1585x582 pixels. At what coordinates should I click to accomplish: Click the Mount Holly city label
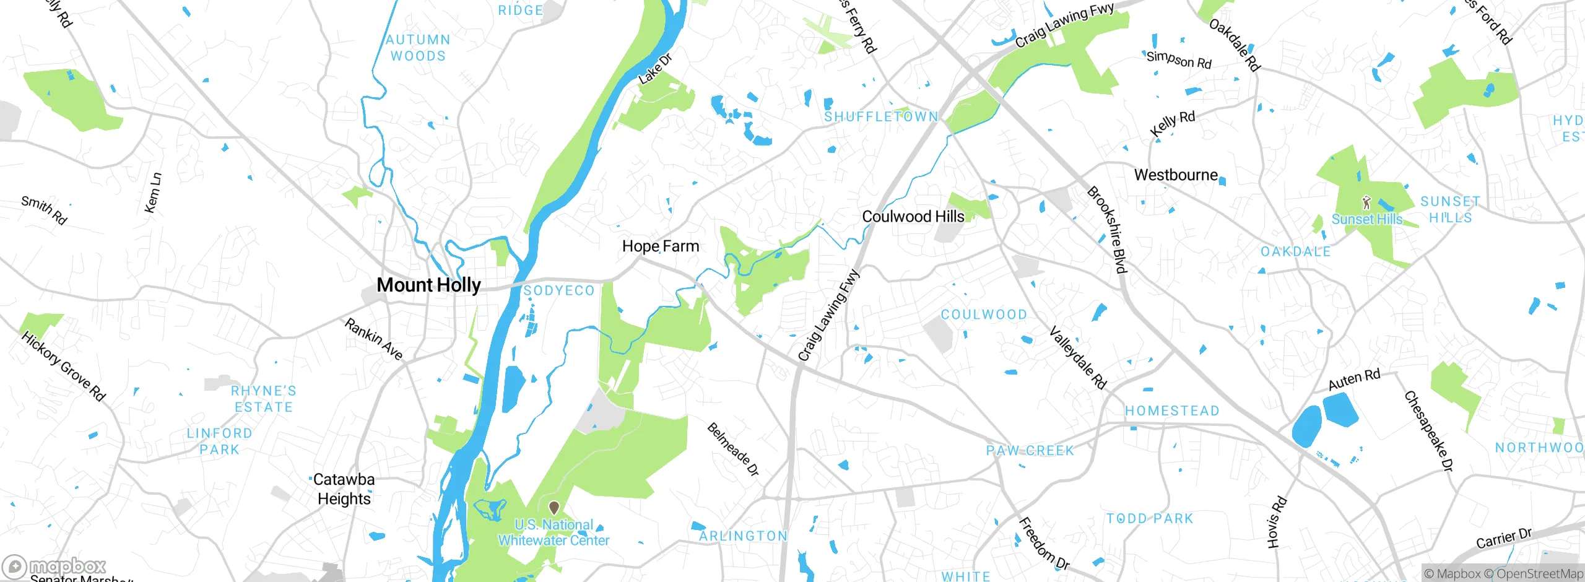428,285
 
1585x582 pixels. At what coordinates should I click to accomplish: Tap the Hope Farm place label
661,246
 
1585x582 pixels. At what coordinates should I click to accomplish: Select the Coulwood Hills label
913,216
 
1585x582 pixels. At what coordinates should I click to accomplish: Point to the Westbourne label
1175,175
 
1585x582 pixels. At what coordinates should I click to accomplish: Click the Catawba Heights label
344,489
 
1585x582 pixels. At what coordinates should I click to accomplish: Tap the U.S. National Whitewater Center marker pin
554,508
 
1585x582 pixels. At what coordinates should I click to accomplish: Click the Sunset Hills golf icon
1366,202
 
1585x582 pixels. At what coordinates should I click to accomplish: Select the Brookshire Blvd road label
1107,229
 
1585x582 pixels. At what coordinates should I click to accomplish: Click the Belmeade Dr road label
733,449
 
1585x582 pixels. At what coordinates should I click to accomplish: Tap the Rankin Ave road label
373,339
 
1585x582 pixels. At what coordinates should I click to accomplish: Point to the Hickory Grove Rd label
63,366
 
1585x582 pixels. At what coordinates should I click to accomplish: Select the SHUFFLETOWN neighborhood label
880,116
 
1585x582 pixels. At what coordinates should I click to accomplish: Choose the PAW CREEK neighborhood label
1030,450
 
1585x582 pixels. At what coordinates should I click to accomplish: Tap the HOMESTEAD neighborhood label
1171,410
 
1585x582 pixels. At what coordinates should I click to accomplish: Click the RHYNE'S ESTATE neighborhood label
263,399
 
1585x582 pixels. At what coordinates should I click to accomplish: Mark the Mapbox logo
54,566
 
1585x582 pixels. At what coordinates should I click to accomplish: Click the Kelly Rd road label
1172,123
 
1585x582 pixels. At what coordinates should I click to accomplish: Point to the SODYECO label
558,290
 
